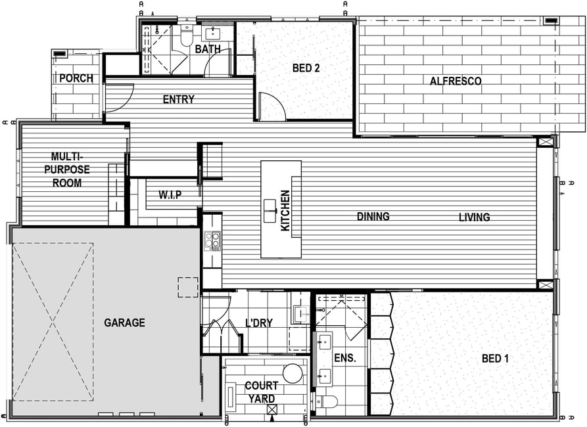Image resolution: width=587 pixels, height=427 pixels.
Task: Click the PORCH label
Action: tap(76, 78)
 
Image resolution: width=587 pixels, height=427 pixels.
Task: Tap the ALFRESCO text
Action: tap(456, 81)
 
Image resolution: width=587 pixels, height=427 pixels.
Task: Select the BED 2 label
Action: tap(306, 68)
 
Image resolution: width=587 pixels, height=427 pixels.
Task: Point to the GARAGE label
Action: tap(124, 323)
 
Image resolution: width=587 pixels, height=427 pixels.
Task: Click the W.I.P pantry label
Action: tap(170, 194)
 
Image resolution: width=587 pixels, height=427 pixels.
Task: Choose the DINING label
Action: tap(373, 216)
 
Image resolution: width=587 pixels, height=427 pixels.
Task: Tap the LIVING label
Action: tap(475, 217)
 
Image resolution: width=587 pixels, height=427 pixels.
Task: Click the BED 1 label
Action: tap(495, 359)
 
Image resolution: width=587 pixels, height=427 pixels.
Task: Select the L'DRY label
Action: tap(259, 323)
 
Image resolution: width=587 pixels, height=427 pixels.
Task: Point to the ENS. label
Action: tap(345, 358)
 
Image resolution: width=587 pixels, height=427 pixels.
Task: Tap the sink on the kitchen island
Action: tap(270, 211)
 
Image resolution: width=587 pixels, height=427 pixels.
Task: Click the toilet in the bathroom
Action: tap(186, 35)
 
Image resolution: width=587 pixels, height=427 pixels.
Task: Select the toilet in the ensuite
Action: tap(327, 401)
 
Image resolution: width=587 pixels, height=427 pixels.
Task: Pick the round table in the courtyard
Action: tap(293, 374)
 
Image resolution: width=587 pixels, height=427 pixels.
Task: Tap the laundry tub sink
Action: tap(300, 314)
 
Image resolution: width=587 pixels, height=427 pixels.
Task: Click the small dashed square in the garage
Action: tap(188, 288)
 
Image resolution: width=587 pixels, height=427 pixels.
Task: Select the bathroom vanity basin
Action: tap(213, 34)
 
